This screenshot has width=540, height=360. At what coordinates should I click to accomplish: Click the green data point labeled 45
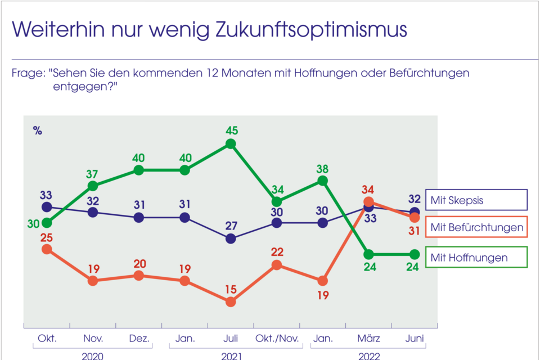pos(230,144)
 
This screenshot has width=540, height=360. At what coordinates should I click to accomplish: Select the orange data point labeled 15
pos(230,302)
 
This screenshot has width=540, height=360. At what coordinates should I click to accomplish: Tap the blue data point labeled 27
pos(230,238)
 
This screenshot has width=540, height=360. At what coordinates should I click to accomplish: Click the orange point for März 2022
pos(368,201)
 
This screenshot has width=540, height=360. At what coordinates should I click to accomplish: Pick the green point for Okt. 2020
pos(47,223)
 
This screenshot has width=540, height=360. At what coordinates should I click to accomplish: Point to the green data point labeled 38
pos(322,181)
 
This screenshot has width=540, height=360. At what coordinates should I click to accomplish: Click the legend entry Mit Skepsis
pos(476,200)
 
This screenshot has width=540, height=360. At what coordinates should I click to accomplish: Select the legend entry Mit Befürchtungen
pos(476,228)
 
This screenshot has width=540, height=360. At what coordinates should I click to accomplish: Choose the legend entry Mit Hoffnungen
pos(476,257)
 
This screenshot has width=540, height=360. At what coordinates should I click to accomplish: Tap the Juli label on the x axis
pos(230,339)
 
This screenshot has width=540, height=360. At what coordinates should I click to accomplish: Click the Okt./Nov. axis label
pos(276,339)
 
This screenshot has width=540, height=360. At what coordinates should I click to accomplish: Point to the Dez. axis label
pos(138,339)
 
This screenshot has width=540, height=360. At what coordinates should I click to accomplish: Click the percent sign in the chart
pos(38,132)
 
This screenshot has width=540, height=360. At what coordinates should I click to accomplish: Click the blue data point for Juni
pos(415,211)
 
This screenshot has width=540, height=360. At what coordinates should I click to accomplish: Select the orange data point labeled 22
pos(276,265)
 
